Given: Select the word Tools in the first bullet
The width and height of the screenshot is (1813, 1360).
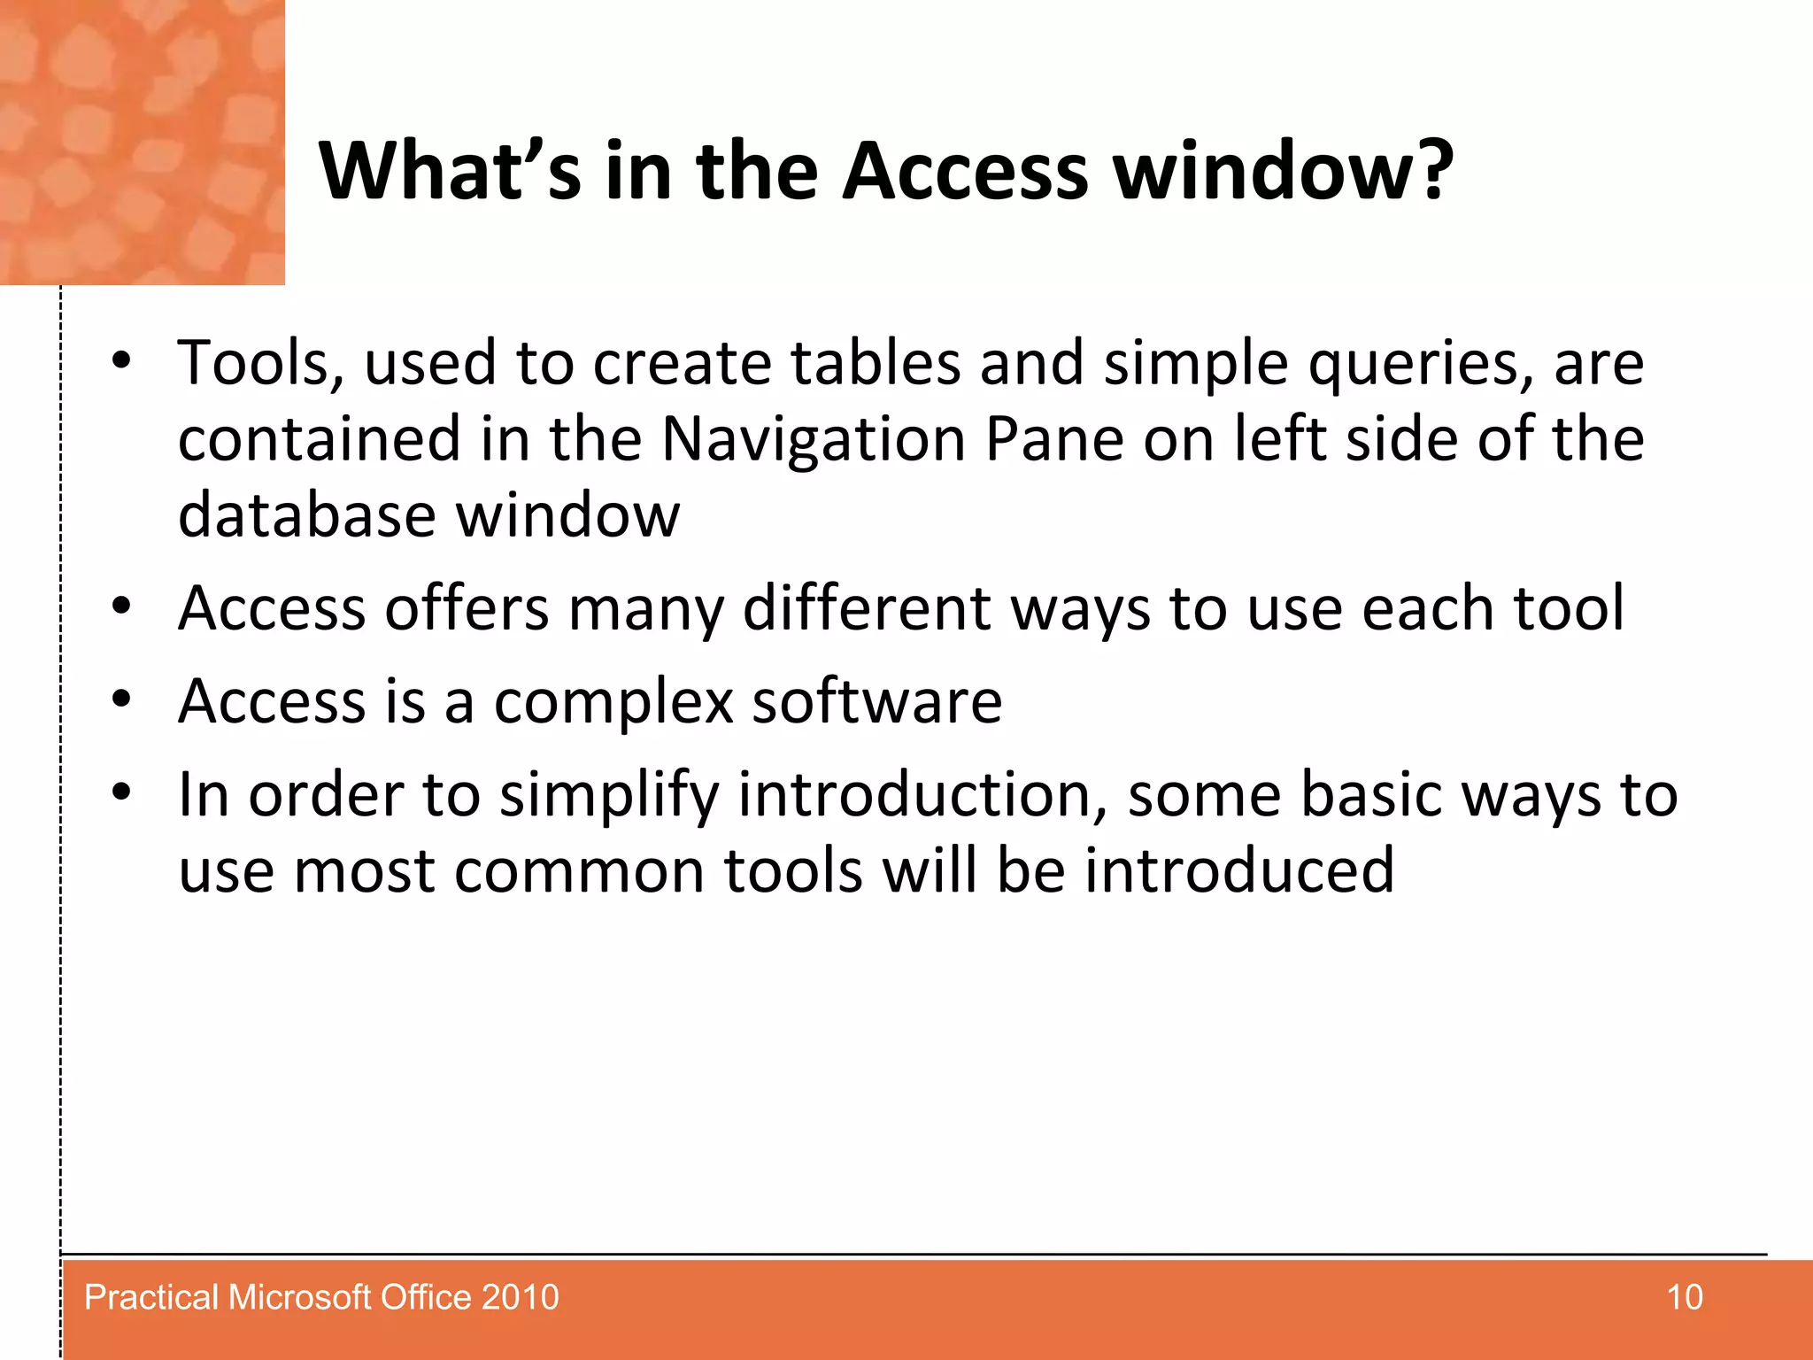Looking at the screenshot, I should pos(259,363).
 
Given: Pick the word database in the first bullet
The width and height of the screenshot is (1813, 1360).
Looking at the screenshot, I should pos(306,515).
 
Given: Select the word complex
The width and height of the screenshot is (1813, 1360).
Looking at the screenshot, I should pos(613,702).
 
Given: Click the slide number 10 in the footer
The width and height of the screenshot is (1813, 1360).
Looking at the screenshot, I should pos(1684,1297).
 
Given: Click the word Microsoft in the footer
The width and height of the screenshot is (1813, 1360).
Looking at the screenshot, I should pos(299,1297).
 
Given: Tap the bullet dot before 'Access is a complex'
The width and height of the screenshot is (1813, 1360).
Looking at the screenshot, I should pos(121,699).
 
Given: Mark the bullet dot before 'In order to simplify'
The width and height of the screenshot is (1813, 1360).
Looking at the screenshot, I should pos(121,792).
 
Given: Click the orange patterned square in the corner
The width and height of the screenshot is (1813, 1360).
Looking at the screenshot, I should pos(142,142).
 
